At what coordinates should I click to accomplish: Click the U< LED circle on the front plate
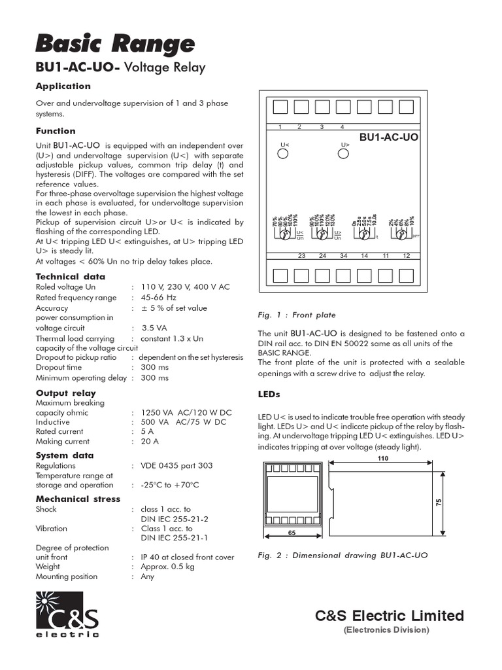[x=283, y=154]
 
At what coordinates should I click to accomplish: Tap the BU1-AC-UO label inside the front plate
[x=389, y=137]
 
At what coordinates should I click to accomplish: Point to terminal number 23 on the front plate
[x=301, y=256]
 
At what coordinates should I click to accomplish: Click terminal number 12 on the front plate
[x=407, y=256]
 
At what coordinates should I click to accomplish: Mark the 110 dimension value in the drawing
[x=382, y=459]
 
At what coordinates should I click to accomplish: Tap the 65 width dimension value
[x=292, y=533]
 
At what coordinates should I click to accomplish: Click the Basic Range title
[x=114, y=44]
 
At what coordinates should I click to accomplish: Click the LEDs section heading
[x=269, y=395]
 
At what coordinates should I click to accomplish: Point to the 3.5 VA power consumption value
[x=154, y=328]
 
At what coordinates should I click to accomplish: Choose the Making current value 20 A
[x=150, y=442]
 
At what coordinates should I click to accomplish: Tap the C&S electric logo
[x=67, y=614]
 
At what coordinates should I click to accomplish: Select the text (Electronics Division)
[x=386, y=630]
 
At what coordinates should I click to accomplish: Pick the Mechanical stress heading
[x=78, y=499]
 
